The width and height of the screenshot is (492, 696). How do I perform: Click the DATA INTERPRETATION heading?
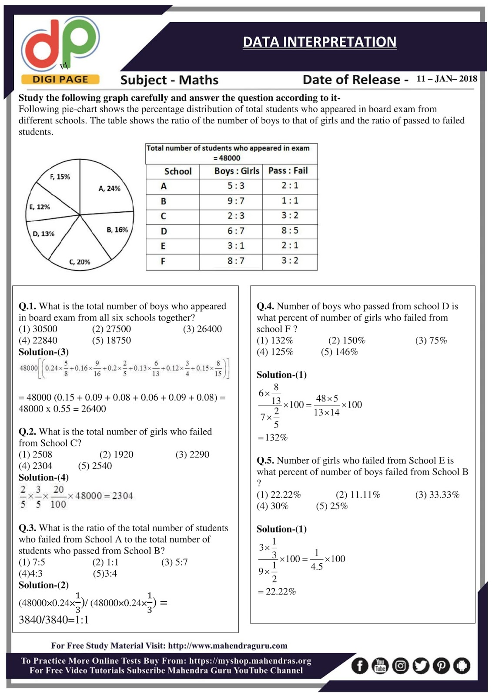coord(319,42)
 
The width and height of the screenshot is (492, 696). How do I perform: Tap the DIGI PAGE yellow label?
coord(60,79)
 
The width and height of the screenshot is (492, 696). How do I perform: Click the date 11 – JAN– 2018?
coord(447,79)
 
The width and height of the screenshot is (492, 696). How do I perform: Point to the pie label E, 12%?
coord(40,207)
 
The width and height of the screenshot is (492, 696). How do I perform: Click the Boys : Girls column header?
coord(236,171)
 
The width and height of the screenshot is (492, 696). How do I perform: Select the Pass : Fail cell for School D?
coord(290,231)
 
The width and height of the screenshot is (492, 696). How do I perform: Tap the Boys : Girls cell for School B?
coord(236,201)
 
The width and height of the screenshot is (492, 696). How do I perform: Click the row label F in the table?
coord(163,261)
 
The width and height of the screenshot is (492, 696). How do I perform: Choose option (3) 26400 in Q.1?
coord(202,329)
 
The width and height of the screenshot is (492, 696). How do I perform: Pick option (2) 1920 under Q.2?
coord(116,455)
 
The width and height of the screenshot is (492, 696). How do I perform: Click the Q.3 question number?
coord(27,528)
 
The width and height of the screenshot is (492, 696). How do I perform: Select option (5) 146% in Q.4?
coord(339,352)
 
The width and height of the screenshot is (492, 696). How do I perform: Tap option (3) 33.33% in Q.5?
coord(437,495)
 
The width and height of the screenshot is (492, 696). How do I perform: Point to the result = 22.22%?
coord(277,592)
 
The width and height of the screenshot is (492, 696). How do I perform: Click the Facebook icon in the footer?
coord(359,666)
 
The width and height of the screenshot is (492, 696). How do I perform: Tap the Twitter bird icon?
coord(421,666)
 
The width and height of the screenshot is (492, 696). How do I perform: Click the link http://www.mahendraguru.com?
coord(228,646)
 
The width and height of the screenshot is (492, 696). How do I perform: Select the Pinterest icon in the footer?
coord(441,666)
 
